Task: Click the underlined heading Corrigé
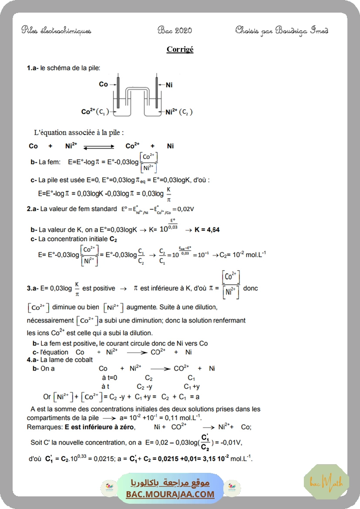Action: click(180, 49)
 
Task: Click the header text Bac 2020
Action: click(175, 30)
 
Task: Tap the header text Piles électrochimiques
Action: click(56, 30)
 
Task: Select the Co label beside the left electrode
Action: click(103, 84)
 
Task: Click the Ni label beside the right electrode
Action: click(169, 85)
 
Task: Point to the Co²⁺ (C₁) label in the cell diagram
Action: click(95, 112)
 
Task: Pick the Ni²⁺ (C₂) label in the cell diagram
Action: click(178, 112)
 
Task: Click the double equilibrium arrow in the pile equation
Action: click(98, 146)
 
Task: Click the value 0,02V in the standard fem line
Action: click(186, 209)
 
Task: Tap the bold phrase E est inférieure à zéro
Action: click(100, 427)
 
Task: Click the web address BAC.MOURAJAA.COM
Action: click(170, 494)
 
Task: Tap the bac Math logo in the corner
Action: click(326, 482)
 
